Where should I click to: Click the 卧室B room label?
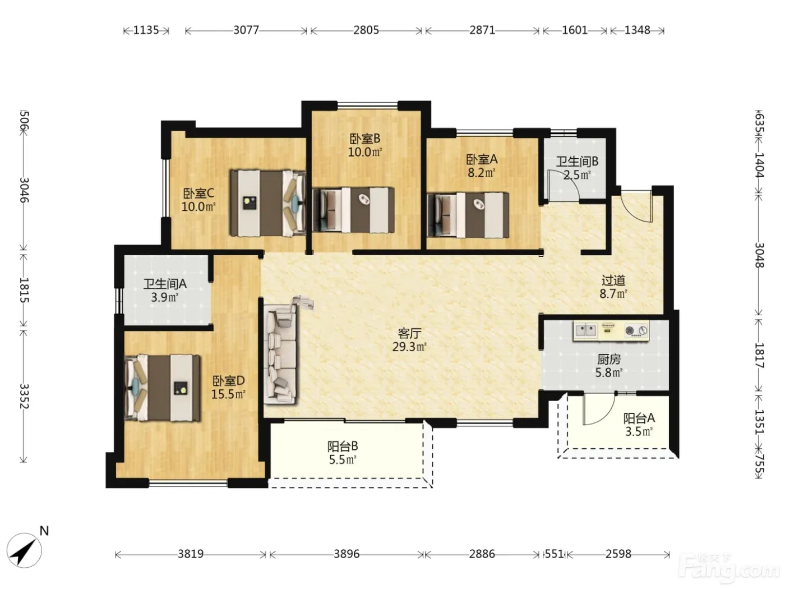click(x=365, y=139)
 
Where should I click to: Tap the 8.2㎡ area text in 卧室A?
click(x=481, y=173)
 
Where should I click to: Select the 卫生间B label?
click(x=577, y=162)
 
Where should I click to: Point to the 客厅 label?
click(x=409, y=334)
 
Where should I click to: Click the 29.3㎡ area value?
click(x=409, y=347)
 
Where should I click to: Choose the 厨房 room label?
click(x=609, y=360)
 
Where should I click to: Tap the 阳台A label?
click(x=639, y=418)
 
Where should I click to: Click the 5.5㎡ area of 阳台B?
click(x=343, y=459)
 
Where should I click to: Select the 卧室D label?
click(x=228, y=380)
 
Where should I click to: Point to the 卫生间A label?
click(x=165, y=284)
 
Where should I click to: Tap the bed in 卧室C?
click(x=267, y=203)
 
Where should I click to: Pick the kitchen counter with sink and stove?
click(x=611, y=331)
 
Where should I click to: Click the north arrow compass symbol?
click(x=24, y=551)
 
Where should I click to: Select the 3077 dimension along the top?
click(x=246, y=30)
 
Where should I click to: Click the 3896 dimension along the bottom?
click(x=347, y=554)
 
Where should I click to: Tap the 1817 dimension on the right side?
click(x=759, y=356)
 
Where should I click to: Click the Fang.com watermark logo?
click(x=729, y=569)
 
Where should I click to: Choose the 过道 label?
click(x=613, y=280)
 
